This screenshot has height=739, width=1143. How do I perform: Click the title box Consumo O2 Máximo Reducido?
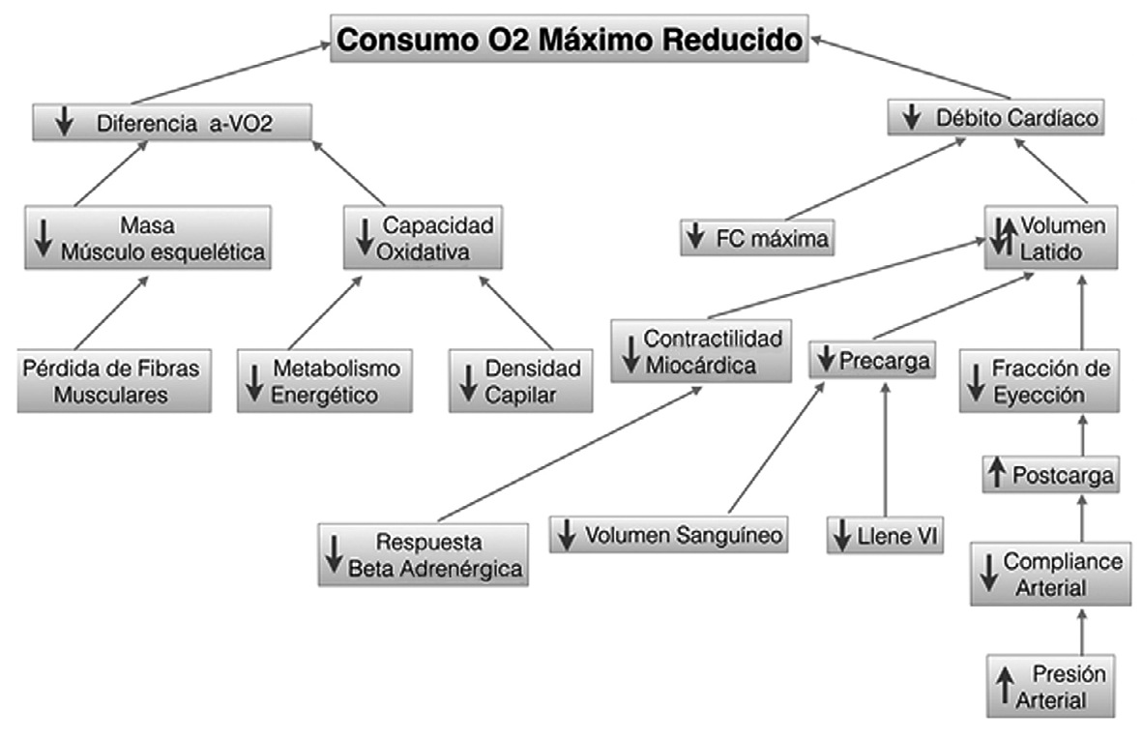[x=571, y=40]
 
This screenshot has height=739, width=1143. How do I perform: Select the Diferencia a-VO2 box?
[x=172, y=123]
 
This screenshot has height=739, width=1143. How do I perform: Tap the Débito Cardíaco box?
[x=996, y=120]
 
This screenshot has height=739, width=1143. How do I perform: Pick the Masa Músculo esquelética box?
[x=148, y=238]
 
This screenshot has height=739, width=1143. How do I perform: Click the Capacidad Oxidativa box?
[x=424, y=238]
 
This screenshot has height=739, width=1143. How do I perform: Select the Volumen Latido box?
[x=1052, y=238]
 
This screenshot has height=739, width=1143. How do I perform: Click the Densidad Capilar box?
[x=520, y=382]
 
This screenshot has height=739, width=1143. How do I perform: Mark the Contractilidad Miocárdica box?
[x=701, y=350]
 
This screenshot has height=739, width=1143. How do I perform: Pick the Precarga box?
[x=872, y=362]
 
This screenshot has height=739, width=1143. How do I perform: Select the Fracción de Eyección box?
[x=1040, y=382]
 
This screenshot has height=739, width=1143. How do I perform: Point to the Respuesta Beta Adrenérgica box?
[x=424, y=554]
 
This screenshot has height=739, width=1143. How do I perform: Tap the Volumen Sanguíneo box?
[x=668, y=535]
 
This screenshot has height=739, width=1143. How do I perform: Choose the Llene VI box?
[x=886, y=535]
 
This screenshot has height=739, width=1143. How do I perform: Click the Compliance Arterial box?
[x=1049, y=574]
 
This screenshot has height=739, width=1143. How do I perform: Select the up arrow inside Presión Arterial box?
[x=1005, y=686]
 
